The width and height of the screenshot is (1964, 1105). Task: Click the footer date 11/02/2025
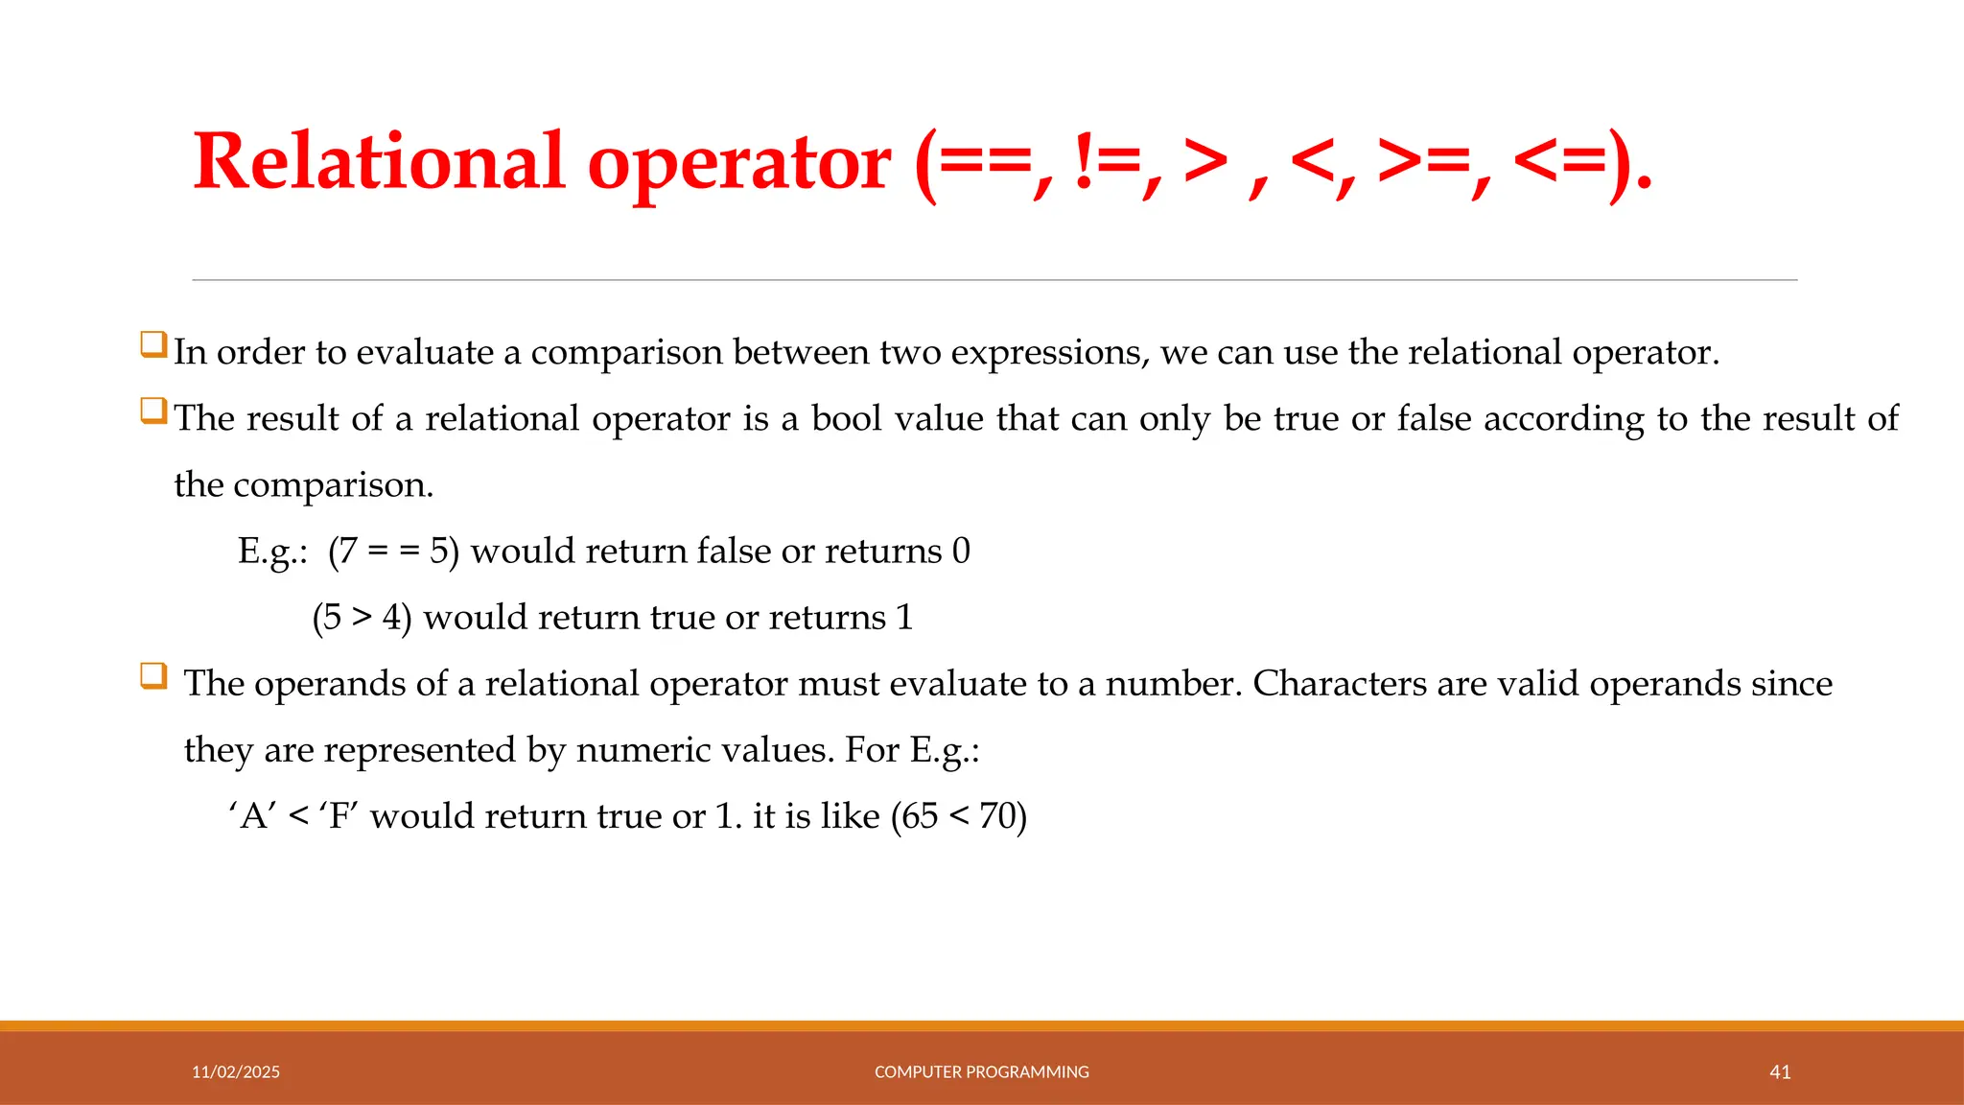click(236, 1071)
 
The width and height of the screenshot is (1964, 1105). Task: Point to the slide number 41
click(1780, 1071)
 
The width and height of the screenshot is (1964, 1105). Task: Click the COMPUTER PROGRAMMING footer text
click(981, 1071)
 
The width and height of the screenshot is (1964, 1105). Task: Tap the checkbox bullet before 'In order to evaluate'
click(153, 343)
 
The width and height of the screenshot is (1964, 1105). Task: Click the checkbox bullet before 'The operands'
click(153, 675)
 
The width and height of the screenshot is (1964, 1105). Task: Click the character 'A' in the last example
click(253, 816)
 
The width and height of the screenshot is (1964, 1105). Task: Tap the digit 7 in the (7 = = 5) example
click(347, 552)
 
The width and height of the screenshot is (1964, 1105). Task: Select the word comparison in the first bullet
click(626, 353)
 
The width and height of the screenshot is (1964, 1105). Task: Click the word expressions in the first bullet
click(1049, 353)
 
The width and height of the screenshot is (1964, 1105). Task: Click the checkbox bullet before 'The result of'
click(153, 411)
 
